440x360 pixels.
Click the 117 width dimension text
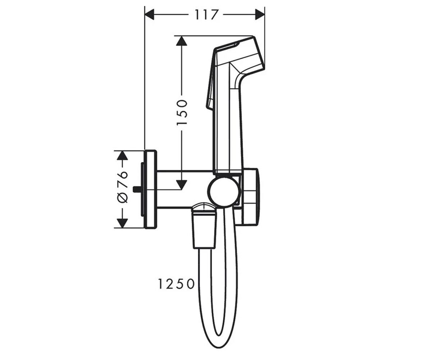(x=207, y=15)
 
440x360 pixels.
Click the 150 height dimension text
(x=182, y=112)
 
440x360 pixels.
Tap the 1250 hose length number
(x=176, y=284)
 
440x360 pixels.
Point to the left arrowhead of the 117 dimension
(x=149, y=15)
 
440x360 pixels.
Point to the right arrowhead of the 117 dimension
(x=260, y=15)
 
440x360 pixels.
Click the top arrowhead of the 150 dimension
(x=182, y=40)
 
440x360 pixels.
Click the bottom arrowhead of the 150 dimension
(x=182, y=184)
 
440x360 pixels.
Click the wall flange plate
(x=150, y=189)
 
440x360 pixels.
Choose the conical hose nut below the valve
(x=204, y=229)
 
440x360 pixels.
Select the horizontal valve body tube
(x=182, y=189)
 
